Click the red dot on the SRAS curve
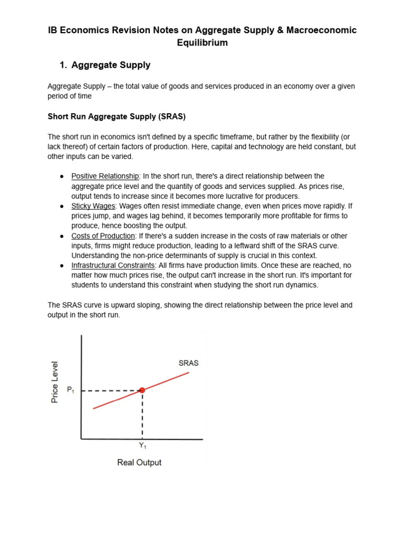pyautogui.click(x=142, y=390)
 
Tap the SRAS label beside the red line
pyautogui.click(x=189, y=363)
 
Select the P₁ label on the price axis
pyautogui.click(x=70, y=390)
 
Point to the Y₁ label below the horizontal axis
pyautogui.click(x=142, y=446)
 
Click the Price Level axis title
pyautogui.click(x=55, y=382)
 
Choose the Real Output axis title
pyautogui.click(x=139, y=463)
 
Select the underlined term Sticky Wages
pyautogui.click(x=93, y=206)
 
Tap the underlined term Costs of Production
pyautogui.click(x=103, y=236)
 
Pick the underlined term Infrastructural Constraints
pyautogui.click(x=113, y=266)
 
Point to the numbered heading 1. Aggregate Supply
pyautogui.click(x=105, y=65)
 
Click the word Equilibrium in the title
pyautogui.click(x=202, y=43)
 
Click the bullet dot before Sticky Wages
pyautogui.click(x=62, y=206)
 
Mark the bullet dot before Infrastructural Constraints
pyautogui.click(x=62, y=266)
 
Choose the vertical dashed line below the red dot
pyautogui.click(x=142, y=416)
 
